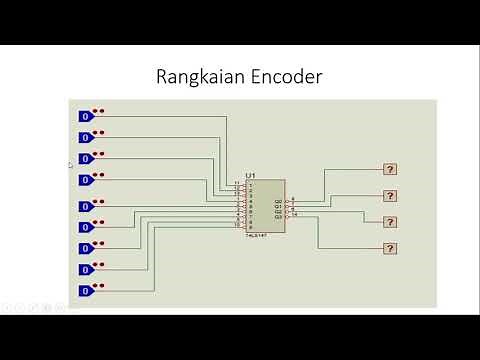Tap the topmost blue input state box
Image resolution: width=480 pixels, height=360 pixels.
86,116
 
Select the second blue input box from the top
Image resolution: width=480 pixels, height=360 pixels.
86,137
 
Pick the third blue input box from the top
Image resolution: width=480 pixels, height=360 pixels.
86,158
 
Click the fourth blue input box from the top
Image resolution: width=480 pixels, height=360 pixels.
86,179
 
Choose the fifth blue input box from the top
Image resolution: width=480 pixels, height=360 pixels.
86,206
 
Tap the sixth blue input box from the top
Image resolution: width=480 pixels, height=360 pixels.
86,226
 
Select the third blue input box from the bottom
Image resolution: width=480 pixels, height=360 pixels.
86,247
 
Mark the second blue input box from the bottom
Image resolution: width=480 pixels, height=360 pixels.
86,268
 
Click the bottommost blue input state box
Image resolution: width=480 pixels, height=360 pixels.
86,290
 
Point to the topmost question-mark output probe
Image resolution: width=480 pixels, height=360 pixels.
391,169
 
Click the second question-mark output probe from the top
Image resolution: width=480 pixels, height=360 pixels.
391,195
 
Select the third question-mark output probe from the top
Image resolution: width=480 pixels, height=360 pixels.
391,221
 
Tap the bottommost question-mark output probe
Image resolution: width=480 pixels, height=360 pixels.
391,247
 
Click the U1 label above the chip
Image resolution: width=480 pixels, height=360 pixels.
251,175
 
